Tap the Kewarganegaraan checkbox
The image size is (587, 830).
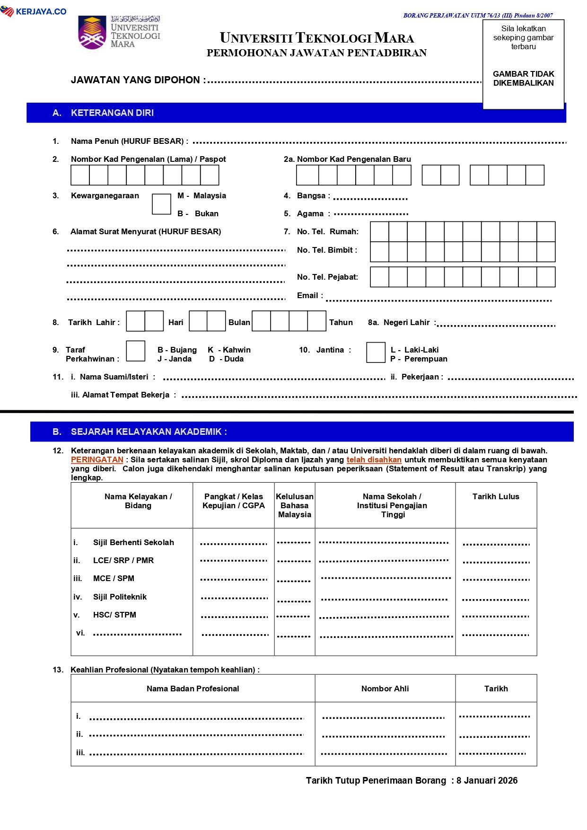(161, 204)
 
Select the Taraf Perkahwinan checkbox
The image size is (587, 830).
(136, 351)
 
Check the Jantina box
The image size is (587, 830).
(376, 353)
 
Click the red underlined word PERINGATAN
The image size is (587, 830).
(97, 460)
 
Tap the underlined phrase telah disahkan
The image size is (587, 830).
(374, 460)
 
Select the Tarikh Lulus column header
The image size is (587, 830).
(496, 497)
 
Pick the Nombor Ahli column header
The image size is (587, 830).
(385, 689)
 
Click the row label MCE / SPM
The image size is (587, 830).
(114, 579)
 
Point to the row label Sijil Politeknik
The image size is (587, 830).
(120, 597)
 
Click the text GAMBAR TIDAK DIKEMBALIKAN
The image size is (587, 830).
(523, 79)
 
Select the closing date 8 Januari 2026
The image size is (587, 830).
(487, 781)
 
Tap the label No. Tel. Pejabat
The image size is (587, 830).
(327, 277)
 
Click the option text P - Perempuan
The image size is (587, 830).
(419, 359)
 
